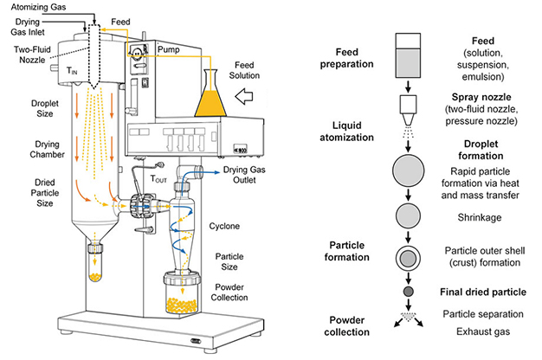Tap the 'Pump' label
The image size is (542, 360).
[x=171, y=50]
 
